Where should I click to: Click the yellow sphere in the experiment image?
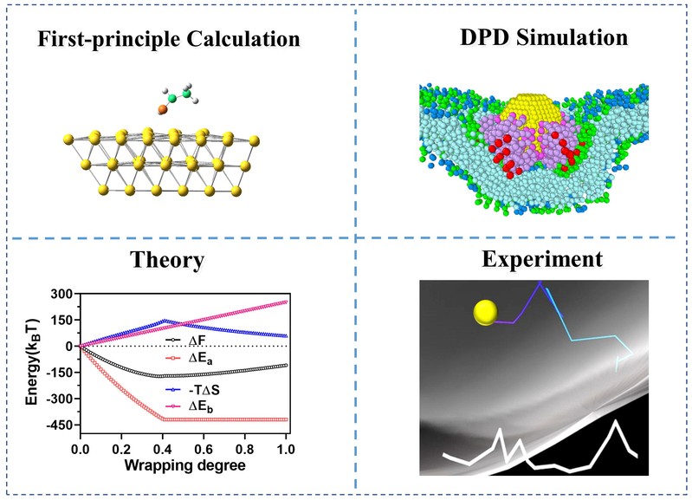tap(486, 310)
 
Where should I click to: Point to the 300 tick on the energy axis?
tap(61, 294)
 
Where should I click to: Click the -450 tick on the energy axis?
tap(58, 425)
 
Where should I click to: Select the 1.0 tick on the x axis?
tap(286, 451)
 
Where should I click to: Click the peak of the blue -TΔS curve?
tap(165, 321)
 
